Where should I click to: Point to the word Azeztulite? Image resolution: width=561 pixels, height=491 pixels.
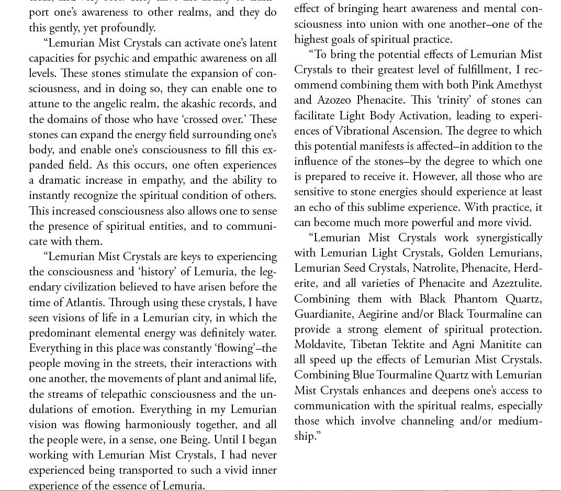point(516,283)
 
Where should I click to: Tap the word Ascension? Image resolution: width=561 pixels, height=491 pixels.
point(439,131)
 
